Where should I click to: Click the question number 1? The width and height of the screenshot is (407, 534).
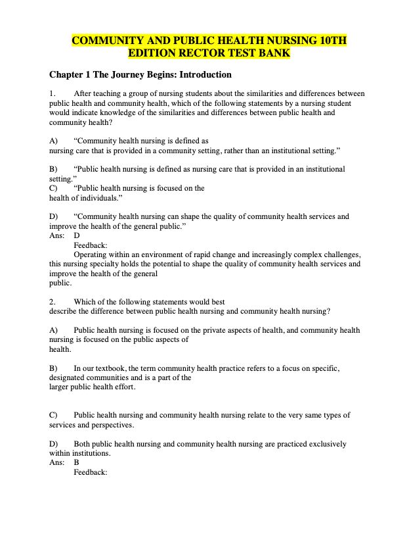click(51, 94)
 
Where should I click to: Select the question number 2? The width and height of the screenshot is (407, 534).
click(51, 303)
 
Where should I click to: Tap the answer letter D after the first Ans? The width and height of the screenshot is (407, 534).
click(77, 235)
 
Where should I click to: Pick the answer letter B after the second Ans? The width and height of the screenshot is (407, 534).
click(77, 462)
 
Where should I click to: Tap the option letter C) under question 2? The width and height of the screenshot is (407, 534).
click(53, 416)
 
